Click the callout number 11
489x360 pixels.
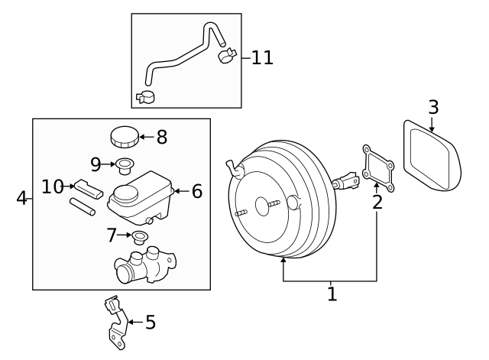[x=262, y=58]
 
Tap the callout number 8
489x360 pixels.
[x=161, y=138]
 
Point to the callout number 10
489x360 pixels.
[x=53, y=186]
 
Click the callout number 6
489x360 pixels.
[x=196, y=191]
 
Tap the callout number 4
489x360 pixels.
[x=21, y=199]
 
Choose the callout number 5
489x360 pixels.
[x=151, y=323]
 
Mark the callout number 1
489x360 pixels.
[x=332, y=294]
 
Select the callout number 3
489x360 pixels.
[x=433, y=107]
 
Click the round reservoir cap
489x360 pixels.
[x=124, y=138]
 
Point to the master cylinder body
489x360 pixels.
[x=146, y=265]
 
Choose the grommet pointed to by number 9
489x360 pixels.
[x=123, y=164]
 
